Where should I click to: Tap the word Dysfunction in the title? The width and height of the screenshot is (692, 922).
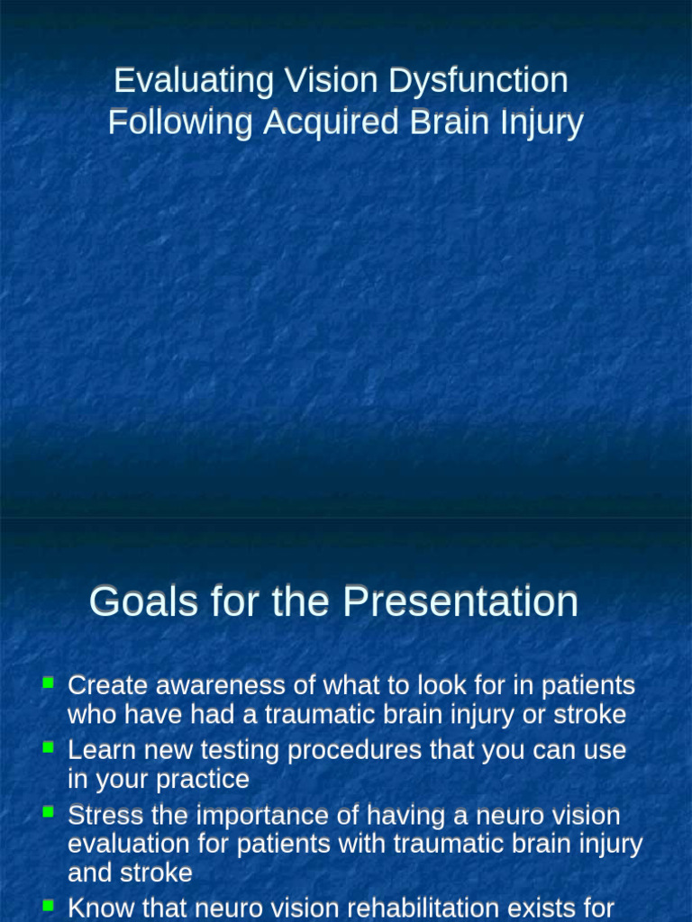(478, 81)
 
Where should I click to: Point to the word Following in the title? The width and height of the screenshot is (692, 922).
(180, 122)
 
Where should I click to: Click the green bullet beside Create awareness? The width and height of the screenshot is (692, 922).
(49, 683)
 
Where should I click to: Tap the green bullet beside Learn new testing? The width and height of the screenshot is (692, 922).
(49, 747)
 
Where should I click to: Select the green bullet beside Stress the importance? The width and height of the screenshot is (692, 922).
(49, 813)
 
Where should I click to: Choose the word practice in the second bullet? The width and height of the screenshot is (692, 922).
(204, 779)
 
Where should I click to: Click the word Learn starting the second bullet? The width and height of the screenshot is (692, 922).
(97, 750)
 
